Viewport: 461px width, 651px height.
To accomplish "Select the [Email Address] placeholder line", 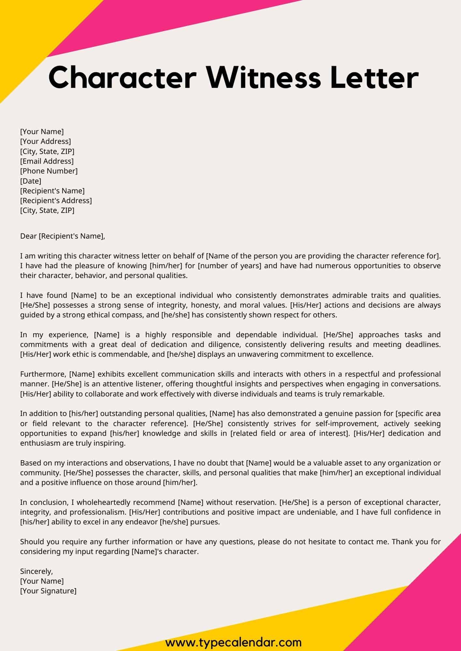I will click(x=47, y=161).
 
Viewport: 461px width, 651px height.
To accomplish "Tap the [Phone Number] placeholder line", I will click(x=49, y=171).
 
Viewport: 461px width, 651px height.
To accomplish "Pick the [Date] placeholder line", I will click(x=31, y=181).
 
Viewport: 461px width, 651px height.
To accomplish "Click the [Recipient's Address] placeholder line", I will click(x=56, y=201).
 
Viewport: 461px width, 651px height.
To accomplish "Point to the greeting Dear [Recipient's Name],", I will click(x=63, y=236).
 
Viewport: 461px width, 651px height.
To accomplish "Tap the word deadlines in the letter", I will click(x=422, y=344).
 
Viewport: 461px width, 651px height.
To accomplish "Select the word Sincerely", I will click(x=36, y=571).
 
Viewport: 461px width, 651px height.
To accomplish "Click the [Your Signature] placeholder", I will click(x=48, y=591).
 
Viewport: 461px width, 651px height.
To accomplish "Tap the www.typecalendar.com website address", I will click(x=233, y=643).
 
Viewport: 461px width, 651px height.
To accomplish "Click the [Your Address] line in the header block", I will click(x=45, y=141).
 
